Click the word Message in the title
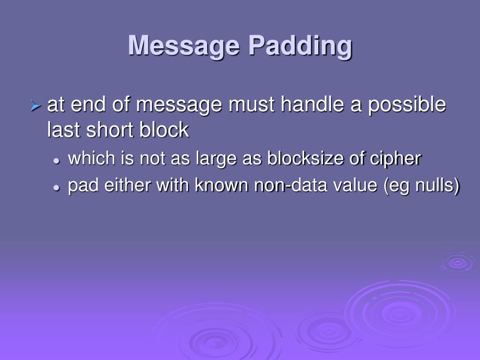(x=183, y=46)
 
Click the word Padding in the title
(x=300, y=46)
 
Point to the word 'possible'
(x=406, y=105)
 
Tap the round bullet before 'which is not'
(x=56, y=160)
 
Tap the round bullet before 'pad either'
(x=56, y=187)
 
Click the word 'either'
(x=128, y=186)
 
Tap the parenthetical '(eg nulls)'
(x=421, y=186)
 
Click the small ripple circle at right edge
(x=457, y=262)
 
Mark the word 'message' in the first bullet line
(x=179, y=105)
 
